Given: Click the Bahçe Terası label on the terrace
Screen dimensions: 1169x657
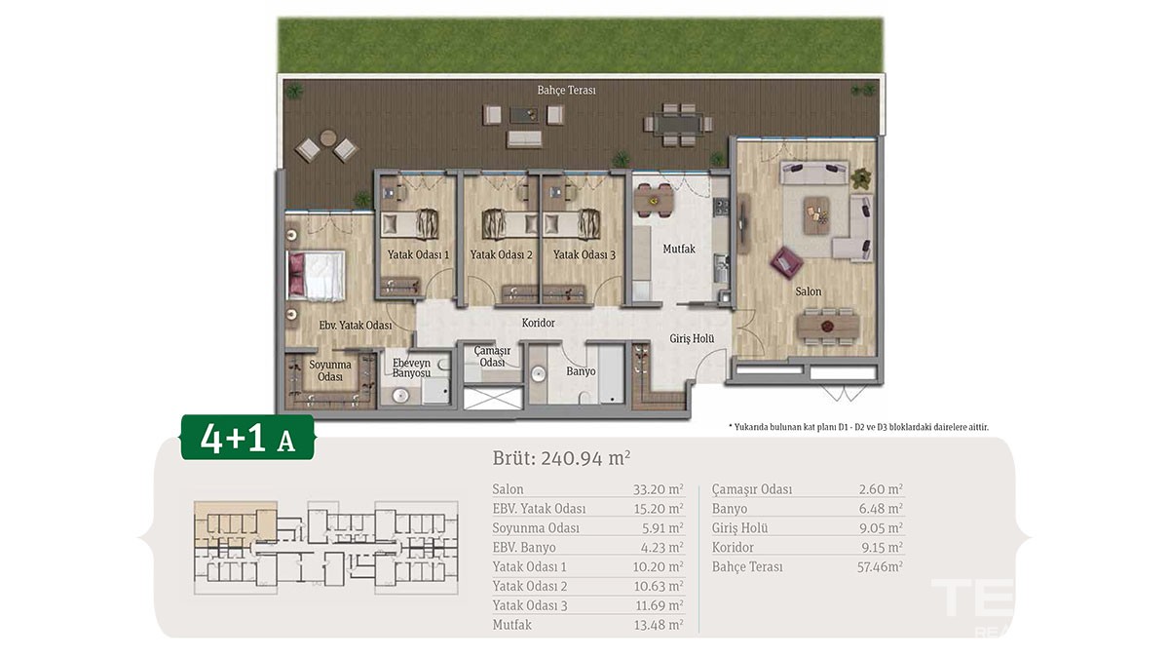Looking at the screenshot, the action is [x=566, y=91].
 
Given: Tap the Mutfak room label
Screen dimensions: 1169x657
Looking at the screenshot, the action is [x=679, y=250].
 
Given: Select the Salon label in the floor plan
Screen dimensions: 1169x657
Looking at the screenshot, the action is [x=808, y=291].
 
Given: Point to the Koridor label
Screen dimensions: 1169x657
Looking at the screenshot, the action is [x=538, y=323].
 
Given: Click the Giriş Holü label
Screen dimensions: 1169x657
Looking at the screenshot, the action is [x=692, y=339].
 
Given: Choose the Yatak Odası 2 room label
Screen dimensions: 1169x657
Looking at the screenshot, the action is [x=501, y=254].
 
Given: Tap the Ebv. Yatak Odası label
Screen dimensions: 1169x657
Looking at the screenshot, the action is [x=356, y=326].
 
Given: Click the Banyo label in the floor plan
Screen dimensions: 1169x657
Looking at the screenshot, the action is [x=581, y=371].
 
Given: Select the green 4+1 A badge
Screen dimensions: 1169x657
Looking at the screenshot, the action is [x=247, y=438].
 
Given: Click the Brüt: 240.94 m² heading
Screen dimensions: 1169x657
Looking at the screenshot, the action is [x=561, y=458].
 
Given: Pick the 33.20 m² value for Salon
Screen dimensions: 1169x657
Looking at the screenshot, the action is [x=659, y=489].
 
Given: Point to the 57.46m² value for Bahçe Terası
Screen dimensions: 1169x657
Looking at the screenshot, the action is [x=880, y=566].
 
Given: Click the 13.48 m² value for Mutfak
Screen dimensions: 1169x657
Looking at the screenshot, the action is [x=659, y=625].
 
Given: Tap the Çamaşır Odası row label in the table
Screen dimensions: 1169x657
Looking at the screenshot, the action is [x=751, y=490].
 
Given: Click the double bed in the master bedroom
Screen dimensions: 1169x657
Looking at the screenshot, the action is [x=316, y=276].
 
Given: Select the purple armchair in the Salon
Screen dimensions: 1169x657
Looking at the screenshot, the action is [x=786, y=261].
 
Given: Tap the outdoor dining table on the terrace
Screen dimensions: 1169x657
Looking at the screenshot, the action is [x=678, y=125].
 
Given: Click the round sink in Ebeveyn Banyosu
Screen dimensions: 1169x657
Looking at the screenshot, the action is [x=400, y=395].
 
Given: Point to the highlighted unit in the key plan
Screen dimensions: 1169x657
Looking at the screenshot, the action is [x=235, y=524].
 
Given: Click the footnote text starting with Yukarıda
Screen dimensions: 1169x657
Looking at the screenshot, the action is [x=858, y=427].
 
